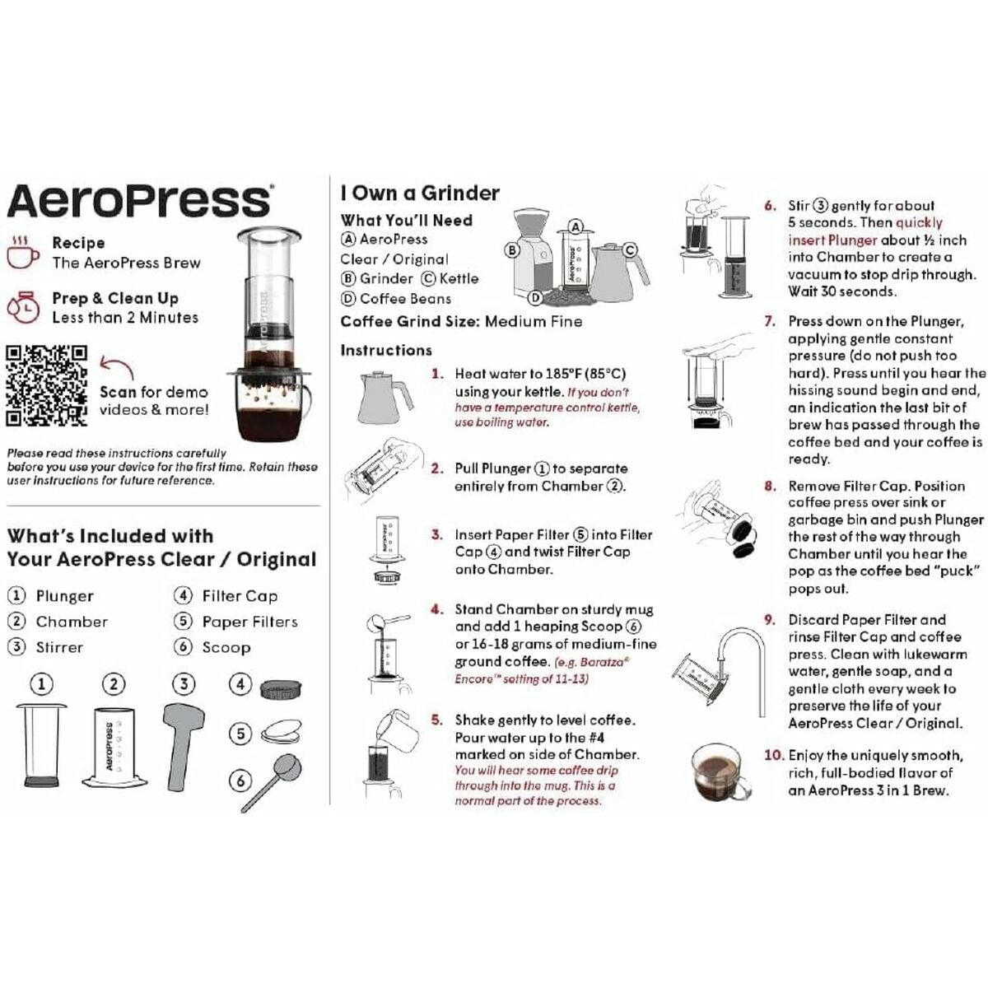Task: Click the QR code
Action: click(47, 385)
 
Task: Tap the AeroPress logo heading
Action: click(138, 200)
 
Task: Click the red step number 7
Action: click(769, 321)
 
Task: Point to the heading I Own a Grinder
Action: click(420, 193)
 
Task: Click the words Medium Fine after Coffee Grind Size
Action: click(533, 321)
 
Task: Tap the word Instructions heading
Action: click(386, 350)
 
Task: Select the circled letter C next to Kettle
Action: click(428, 278)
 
